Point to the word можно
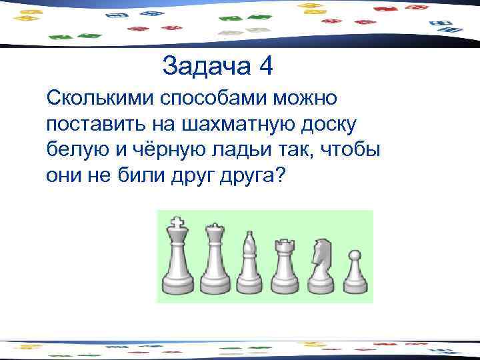tap(306, 99)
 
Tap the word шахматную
tap(224, 125)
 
